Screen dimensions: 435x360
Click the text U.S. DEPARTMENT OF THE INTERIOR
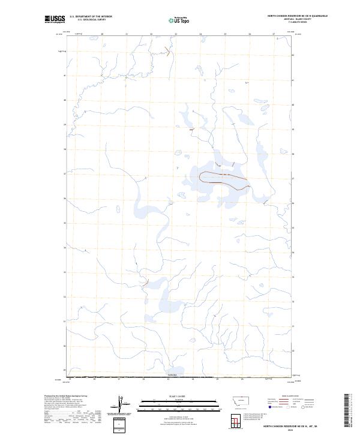(x=91, y=17)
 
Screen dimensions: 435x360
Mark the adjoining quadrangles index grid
(x=233, y=422)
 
